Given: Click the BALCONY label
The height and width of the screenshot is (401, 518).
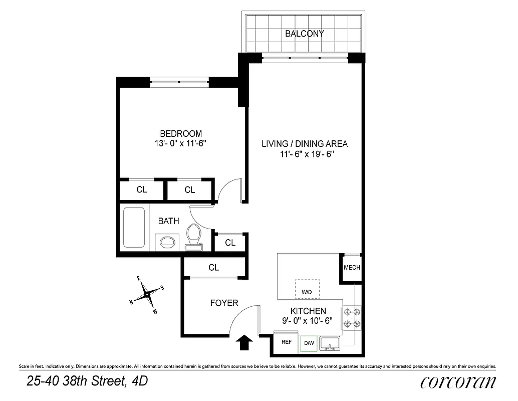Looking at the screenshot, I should [304, 34].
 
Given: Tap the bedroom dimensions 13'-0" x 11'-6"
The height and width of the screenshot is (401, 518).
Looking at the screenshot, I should [181, 143].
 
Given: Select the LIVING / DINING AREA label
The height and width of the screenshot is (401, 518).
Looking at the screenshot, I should [304, 144].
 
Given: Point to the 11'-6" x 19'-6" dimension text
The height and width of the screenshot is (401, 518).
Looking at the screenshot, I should [307, 154].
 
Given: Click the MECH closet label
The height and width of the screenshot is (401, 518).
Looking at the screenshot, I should [352, 268].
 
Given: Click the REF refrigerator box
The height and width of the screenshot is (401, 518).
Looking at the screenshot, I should [286, 342].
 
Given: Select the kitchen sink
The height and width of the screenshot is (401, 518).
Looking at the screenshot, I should [330, 344].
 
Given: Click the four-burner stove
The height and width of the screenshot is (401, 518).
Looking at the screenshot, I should [352, 318].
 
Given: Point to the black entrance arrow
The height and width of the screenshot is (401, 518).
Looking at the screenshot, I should [245, 343].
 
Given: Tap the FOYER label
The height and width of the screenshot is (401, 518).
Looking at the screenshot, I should [224, 303].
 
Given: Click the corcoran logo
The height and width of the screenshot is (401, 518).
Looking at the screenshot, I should [458, 382].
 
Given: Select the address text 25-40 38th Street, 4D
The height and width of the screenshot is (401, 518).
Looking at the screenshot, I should [87, 382].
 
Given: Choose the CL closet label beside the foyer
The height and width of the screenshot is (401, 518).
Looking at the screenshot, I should [214, 268].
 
